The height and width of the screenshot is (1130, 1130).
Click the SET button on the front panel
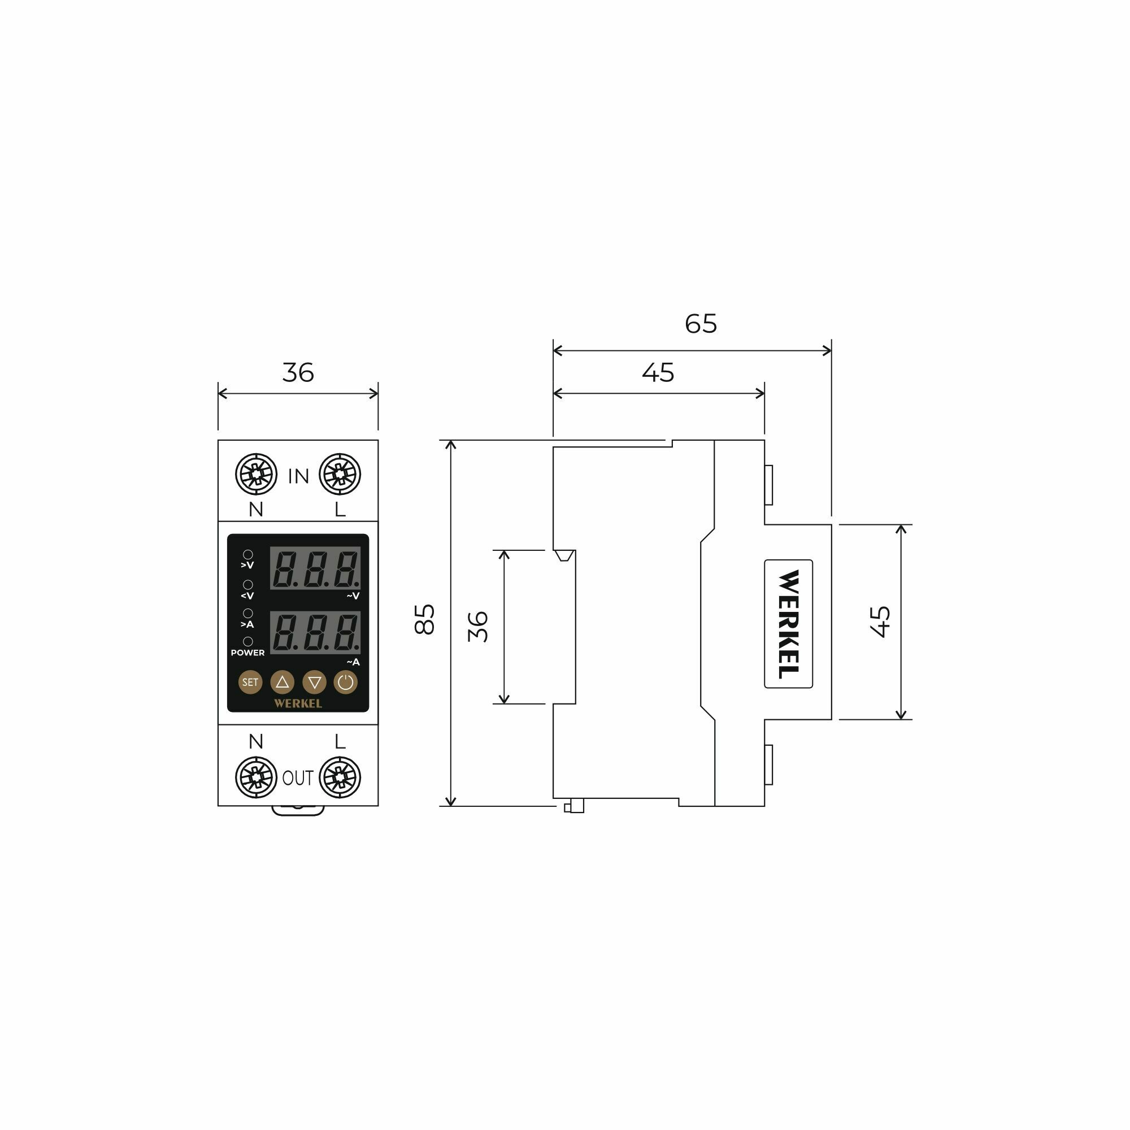250,682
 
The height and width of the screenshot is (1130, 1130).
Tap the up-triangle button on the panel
282,682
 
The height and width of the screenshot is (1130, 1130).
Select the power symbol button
346,682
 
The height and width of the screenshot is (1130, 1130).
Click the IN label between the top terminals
298,477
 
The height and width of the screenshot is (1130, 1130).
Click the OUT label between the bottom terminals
298,778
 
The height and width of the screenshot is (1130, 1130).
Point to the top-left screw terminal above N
256,474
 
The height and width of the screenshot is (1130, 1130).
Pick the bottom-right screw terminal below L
340,777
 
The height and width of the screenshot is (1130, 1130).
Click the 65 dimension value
701,323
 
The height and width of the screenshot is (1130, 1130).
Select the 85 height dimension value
425,619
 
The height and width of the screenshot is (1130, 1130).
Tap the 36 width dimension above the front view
298,372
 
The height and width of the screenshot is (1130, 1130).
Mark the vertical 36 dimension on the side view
479,627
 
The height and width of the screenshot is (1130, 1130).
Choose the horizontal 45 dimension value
658,372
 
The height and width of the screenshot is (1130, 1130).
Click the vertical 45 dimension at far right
880,621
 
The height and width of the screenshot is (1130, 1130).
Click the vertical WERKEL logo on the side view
788,624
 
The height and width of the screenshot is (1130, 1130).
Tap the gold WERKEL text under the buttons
298,703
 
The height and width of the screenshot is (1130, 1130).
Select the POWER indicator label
247,653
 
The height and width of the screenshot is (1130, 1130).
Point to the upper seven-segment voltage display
315,568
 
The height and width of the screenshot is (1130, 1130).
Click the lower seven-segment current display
315,633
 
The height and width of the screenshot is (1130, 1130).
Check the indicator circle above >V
248,554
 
